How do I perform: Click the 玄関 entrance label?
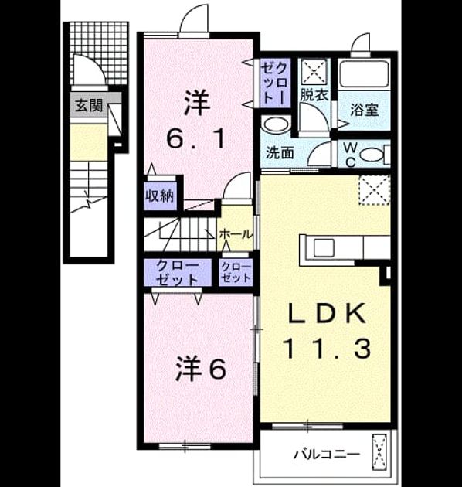coord(89,106)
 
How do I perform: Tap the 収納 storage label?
coord(160,196)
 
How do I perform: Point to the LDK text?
coord(327,313)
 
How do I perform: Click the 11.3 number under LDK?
coord(327,349)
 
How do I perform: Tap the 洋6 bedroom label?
coord(201,369)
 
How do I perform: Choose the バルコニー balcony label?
coord(327,455)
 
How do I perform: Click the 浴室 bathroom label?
coord(364,110)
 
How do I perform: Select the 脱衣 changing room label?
coord(314,95)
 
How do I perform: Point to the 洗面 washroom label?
coord(280,153)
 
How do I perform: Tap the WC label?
coord(350,155)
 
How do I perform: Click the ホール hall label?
coord(236,234)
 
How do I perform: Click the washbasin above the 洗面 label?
coord(276,124)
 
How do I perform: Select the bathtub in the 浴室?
coord(364,74)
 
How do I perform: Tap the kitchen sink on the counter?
coord(324,248)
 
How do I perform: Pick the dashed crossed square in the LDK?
coord(374,189)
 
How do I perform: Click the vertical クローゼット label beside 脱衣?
coord(275,82)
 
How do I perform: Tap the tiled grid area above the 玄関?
coord(100,53)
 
